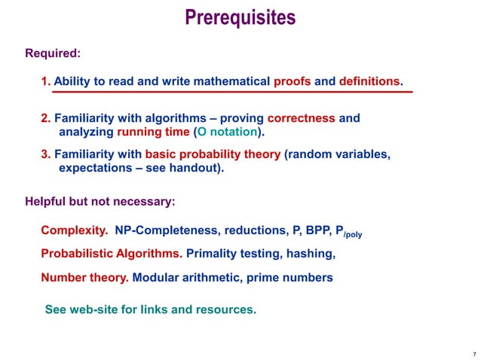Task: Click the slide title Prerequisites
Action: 240,17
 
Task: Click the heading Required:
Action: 53,53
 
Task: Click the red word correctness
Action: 302,118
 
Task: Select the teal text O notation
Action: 227,132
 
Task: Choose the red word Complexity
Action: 74,230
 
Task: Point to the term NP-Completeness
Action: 161,230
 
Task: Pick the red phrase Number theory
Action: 84,278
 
